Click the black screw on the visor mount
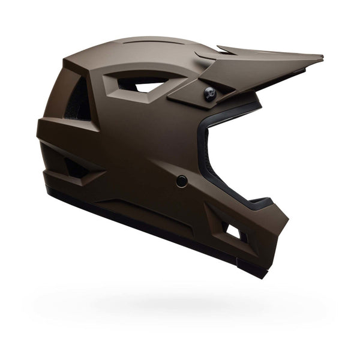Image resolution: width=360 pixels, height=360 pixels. pos(209,92)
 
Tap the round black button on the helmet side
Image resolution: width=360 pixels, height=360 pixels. pos(181,181)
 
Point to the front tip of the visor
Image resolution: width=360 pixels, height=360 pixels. pos(321,58)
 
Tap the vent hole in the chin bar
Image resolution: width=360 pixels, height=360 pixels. pos(233,231)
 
